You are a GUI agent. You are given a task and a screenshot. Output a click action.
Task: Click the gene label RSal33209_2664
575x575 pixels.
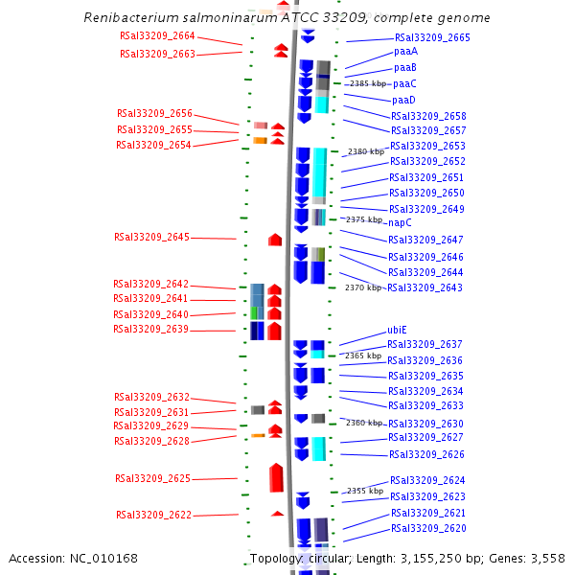pyautogui.click(x=157, y=36)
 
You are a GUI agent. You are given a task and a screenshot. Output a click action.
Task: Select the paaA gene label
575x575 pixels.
pyautogui.click(x=405, y=52)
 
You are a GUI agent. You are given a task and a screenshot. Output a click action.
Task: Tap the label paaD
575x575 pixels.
pyautogui.click(x=403, y=101)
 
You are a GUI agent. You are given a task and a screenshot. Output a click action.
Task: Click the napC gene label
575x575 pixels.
pyautogui.click(x=400, y=222)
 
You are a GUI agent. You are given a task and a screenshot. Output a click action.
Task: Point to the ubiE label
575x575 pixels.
pyautogui.click(x=398, y=330)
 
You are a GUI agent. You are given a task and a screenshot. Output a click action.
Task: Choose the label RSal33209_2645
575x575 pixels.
pyautogui.click(x=151, y=237)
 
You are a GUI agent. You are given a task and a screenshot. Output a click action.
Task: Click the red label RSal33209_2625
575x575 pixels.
pyautogui.click(x=152, y=478)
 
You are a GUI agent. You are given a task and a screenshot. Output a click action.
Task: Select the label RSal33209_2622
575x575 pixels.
pyautogui.click(x=153, y=515)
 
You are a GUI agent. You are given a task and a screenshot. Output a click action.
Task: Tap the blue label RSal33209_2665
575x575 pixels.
pyautogui.click(x=432, y=37)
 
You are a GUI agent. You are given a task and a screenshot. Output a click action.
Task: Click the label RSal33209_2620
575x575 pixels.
pyautogui.click(x=428, y=529)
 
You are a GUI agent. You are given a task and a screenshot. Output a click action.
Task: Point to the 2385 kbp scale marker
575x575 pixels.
pyautogui.click(x=368, y=84)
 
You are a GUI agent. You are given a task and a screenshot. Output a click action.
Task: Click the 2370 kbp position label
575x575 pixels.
pyautogui.click(x=363, y=287)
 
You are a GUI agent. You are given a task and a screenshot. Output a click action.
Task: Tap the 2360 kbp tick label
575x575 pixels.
pyautogui.click(x=364, y=423)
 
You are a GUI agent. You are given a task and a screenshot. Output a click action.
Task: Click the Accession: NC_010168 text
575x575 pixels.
pyautogui.click(x=73, y=558)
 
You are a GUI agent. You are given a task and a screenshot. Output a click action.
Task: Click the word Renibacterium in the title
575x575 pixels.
pyautogui.click(x=128, y=18)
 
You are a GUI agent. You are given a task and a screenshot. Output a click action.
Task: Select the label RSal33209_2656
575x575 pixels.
pyautogui.click(x=154, y=114)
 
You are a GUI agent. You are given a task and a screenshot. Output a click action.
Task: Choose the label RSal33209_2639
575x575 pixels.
pyautogui.click(x=150, y=330)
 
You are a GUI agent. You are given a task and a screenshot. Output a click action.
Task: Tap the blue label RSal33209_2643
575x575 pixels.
pyautogui.click(x=425, y=287)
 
